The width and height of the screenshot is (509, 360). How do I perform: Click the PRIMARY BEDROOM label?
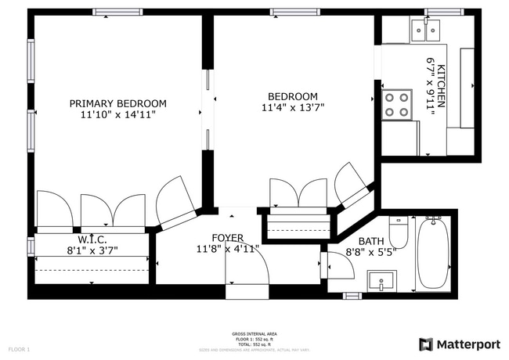point(117,103)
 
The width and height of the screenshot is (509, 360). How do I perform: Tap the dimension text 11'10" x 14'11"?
point(117,115)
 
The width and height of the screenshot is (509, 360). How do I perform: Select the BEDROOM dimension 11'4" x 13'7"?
point(293,108)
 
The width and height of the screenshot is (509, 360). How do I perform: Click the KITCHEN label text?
point(441,86)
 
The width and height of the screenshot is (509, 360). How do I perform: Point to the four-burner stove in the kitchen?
point(397,105)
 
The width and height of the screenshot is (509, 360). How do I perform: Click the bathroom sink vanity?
point(382,280)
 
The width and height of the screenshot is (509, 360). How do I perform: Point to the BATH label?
point(371,241)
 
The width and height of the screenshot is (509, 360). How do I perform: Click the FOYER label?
point(227,238)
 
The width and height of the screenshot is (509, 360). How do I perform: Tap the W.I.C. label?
point(92,239)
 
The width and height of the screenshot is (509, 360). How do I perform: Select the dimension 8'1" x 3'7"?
point(92,251)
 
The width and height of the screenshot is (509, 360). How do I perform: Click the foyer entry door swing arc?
point(247,270)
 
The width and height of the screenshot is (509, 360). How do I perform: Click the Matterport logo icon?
point(426,344)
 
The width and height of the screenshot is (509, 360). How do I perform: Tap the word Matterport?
point(467,344)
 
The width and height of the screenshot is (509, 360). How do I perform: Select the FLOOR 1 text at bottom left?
point(19,348)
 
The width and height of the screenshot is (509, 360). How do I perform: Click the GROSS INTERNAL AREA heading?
point(254,333)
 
